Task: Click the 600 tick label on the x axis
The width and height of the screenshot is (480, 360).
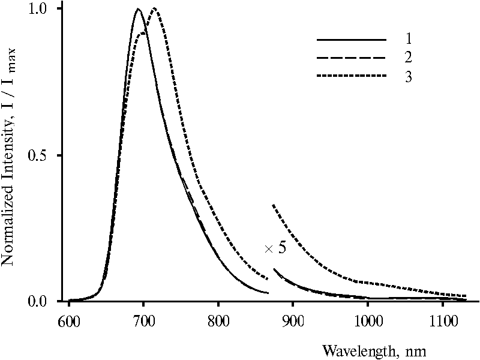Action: pyautogui.click(x=68, y=317)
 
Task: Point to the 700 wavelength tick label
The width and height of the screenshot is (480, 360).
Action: pyautogui.click(x=143, y=317)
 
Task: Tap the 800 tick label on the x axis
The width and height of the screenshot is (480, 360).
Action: pyautogui.click(x=218, y=317)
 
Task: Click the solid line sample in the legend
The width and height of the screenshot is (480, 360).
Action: pyautogui.click(x=352, y=40)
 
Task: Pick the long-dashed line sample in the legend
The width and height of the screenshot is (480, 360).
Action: pyautogui.click(x=352, y=58)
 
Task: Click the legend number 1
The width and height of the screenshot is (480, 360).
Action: pyautogui.click(x=408, y=40)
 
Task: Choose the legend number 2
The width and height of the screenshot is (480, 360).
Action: pyautogui.click(x=408, y=58)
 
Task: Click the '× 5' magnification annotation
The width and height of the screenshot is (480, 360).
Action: pyautogui.click(x=275, y=248)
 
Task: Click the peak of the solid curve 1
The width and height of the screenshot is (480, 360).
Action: pyautogui.click(x=138, y=9)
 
